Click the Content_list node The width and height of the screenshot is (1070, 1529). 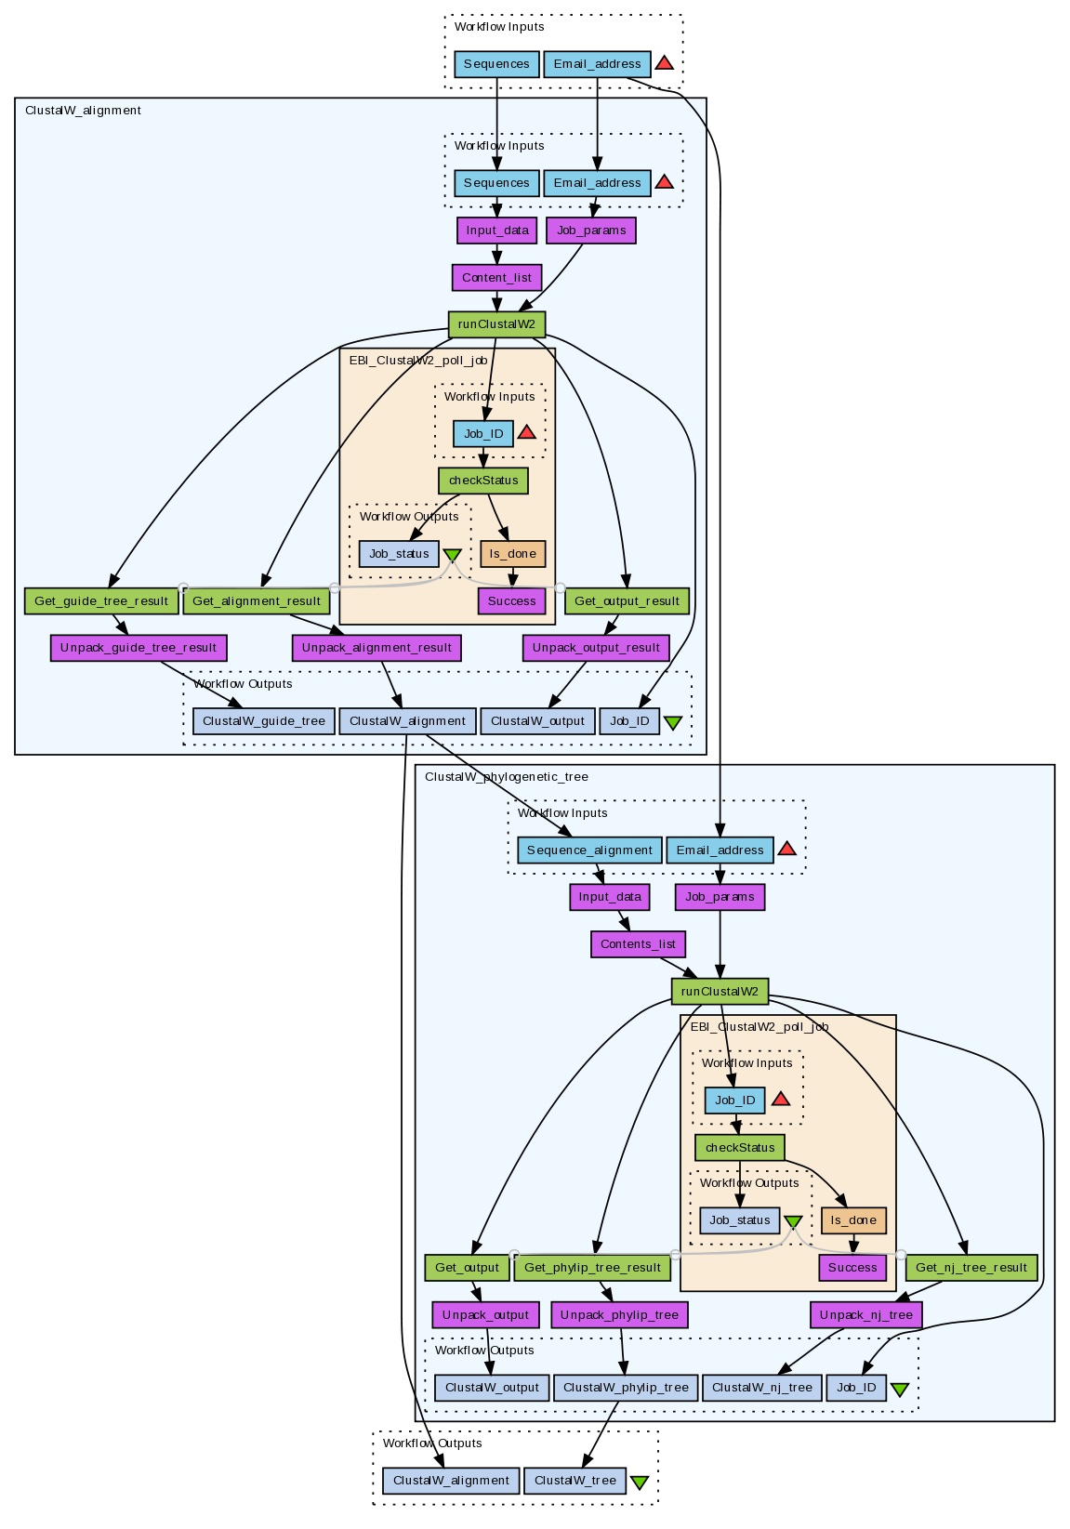(x=496, y=277)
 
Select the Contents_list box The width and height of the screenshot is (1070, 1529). (x=638, y=944)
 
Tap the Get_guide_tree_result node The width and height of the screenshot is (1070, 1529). (x=101, y=601)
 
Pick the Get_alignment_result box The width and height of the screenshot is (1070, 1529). (x=257, y=601)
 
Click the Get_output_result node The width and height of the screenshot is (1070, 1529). (x=627, y=601)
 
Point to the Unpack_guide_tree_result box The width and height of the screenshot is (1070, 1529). (x=139, y=648)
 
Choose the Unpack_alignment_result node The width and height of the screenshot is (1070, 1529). (x=376, y=648)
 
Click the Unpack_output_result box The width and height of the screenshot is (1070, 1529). (x=596, y=648)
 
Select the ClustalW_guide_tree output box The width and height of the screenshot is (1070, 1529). (x=264, y=721)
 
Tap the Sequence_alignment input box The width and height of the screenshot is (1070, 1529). (x=589, y=850)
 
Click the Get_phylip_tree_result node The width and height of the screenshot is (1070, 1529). (x=592, y=1268)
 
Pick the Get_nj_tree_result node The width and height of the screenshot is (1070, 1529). (x=971, y=1268)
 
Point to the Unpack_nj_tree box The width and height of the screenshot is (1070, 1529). (x=866, y=1315)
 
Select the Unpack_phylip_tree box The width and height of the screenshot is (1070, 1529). (x=620, y=1315)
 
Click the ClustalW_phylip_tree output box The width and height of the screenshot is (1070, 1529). (x=626, y=1388)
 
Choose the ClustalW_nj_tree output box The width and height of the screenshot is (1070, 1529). (x=762, y=1388)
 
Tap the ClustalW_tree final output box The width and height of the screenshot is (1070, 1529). (x=575, y=1481)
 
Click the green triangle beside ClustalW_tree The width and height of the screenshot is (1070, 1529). (x=640, y=1483)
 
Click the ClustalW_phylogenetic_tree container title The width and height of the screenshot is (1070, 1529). (x=507, y=777)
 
